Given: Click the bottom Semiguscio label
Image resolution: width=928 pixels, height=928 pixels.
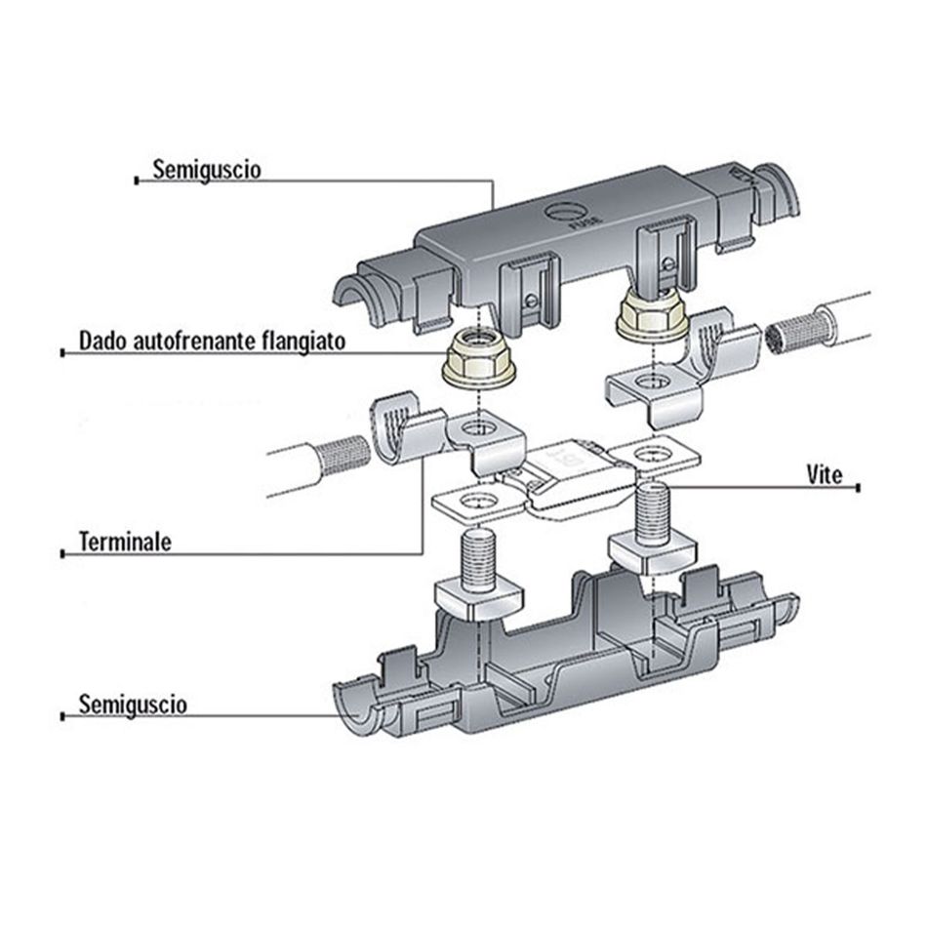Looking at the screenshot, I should click(133, 704).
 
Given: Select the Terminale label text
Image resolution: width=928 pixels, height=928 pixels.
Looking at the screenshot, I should click(124, 542).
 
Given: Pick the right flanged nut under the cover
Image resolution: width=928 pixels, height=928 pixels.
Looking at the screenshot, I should click(652, 316).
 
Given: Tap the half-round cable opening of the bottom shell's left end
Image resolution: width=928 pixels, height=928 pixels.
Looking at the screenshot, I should click(358, 711).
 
